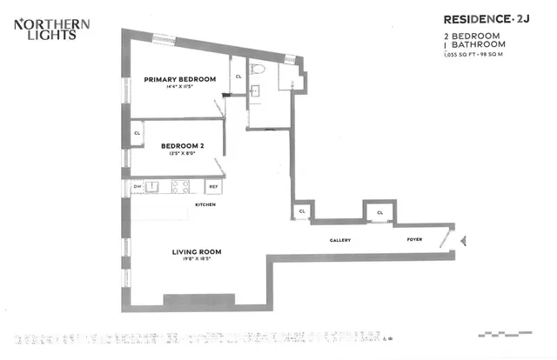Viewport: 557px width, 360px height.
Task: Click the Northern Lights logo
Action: coord(44,30)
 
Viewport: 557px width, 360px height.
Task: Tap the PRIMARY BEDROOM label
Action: coord(179,79)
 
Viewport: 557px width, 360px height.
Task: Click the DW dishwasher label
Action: coord(138,185)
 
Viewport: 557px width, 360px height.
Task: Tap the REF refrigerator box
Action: coord(211,186)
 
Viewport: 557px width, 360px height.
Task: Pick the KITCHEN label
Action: coord(205,204)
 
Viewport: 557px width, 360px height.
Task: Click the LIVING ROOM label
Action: coord(196,252)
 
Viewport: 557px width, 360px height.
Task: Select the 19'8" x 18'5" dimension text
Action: coord(196,259)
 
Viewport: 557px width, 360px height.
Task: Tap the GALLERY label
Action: coord(339,240)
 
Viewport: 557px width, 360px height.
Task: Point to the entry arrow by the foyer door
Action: coord(463,240)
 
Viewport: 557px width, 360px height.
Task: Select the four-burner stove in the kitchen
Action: coord(181,185)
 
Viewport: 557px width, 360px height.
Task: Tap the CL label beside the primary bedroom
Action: coord(238,77)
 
